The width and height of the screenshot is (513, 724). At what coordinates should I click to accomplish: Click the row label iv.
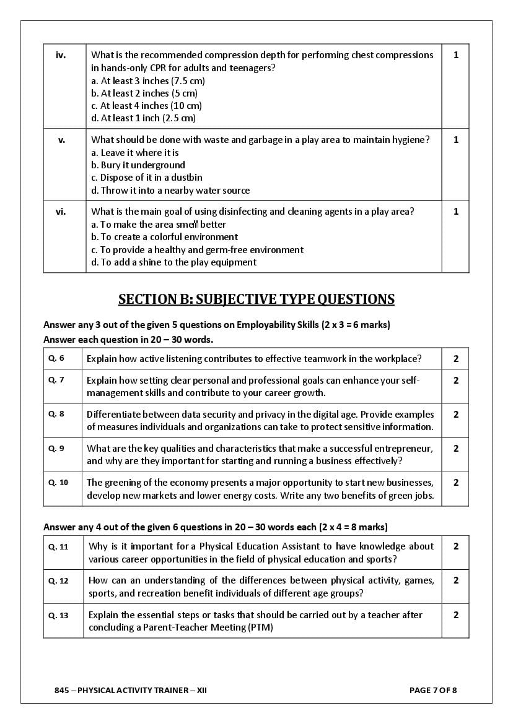(61, 55)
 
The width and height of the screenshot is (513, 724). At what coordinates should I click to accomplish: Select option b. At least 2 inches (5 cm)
(144, 93)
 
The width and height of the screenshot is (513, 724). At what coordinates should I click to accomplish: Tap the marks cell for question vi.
(456, 212)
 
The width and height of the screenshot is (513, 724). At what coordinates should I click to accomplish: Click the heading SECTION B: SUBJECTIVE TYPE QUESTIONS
(256, 300)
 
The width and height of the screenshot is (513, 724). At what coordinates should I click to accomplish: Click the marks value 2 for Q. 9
(456, 449)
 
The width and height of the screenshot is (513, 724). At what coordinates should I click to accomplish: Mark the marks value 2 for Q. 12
(456, 580)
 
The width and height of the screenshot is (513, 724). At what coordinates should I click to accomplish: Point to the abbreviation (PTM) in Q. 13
(260, 627)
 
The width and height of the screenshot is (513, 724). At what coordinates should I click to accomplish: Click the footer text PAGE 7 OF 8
(433, 690)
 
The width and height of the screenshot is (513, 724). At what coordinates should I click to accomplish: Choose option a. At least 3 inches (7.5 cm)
(148, 80)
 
